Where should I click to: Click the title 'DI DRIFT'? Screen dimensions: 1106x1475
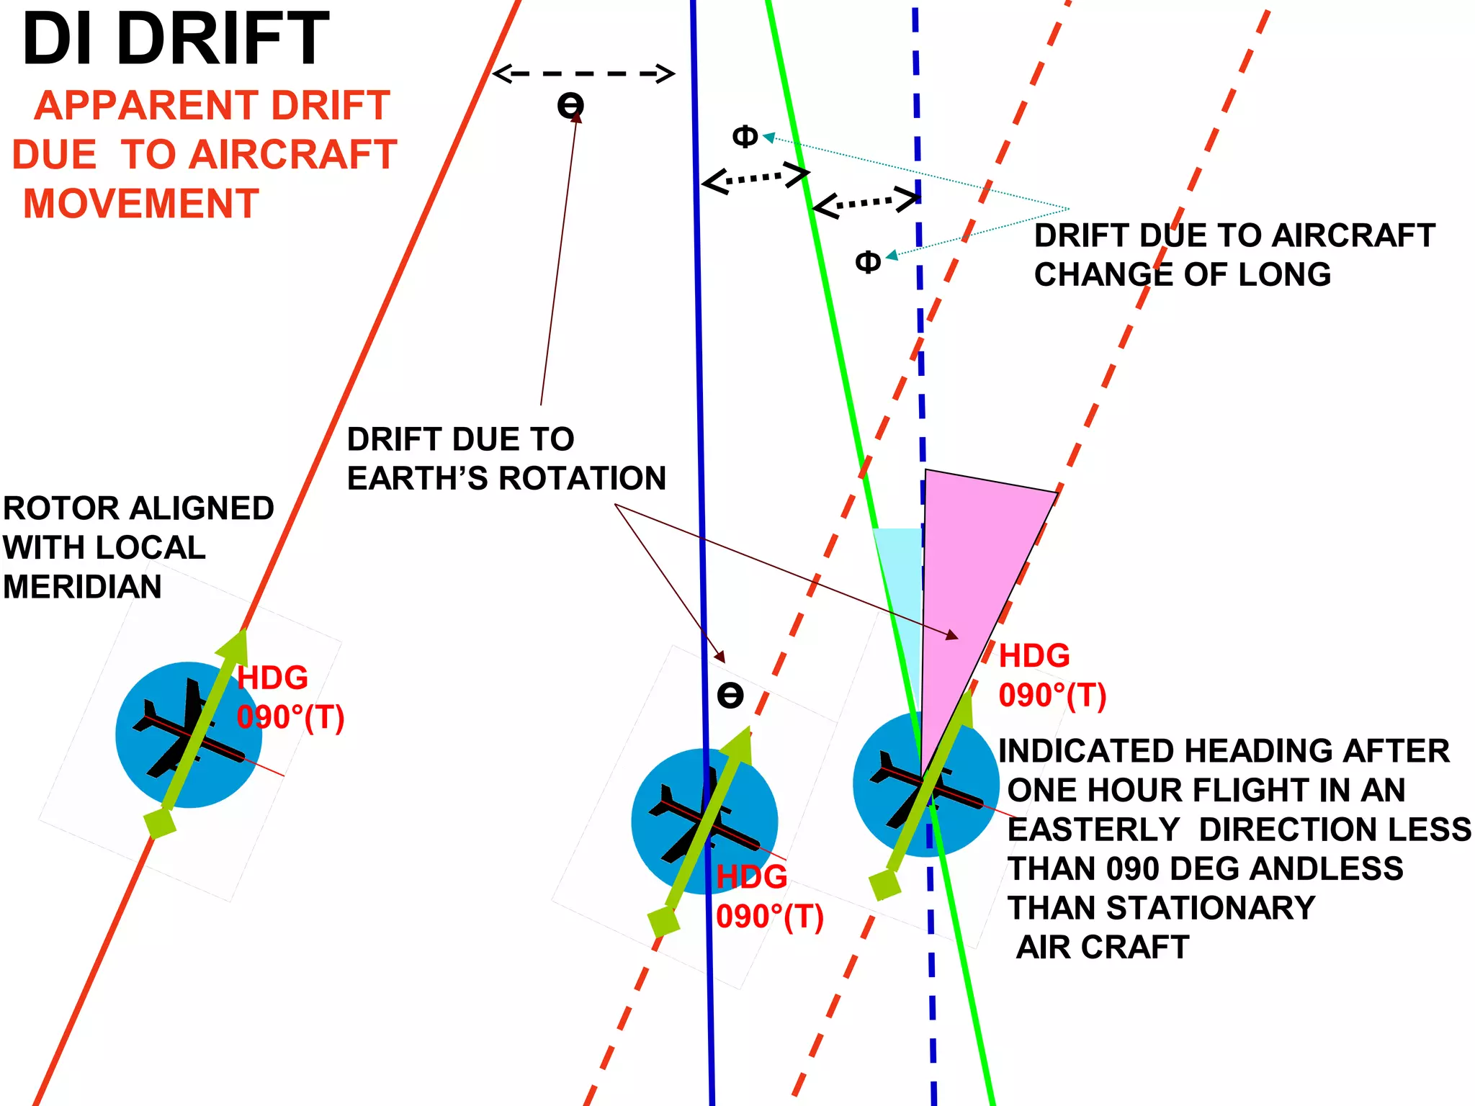coord(175,40)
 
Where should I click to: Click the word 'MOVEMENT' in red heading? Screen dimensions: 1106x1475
coord(141,204)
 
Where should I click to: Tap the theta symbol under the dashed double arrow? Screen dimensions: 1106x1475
coord(570,107)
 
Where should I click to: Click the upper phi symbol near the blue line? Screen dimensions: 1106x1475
coord(745,135)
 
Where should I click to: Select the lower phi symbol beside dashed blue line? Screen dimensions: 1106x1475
coord(868,261)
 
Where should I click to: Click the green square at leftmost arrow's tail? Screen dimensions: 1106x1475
coord(160,822)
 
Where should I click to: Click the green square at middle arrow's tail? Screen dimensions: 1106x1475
coord(663,921)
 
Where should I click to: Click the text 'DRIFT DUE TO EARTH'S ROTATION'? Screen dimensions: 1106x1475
coord(506,459)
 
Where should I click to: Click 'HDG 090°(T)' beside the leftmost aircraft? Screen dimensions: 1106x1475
coord(290,698)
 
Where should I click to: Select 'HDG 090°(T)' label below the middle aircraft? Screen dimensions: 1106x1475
coord(769,897)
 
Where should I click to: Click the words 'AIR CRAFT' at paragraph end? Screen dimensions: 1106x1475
coord(1102,947)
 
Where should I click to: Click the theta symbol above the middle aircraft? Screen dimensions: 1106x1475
coord(730,695)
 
